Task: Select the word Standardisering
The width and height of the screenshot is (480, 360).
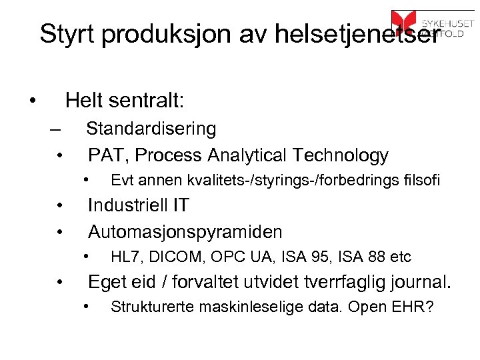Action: coord(151,128)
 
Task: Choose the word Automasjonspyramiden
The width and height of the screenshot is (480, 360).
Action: coord(185,232)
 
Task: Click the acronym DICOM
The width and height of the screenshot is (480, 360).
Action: coord(167,257)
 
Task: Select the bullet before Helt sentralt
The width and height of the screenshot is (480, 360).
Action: coord(32,102)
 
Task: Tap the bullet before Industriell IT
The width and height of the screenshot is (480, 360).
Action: coord(60,205)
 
